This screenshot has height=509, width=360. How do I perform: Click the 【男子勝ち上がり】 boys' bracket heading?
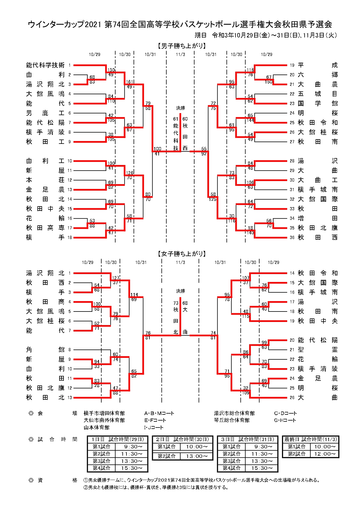click(x=182, y=46)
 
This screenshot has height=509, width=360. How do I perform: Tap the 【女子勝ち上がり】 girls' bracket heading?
click(x=182, y=254)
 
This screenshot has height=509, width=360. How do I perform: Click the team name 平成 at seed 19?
click(x=318, y=65)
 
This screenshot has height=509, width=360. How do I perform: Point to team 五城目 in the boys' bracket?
click(x=318, y=94)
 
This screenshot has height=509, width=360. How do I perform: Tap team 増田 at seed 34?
click(x=318, y=218)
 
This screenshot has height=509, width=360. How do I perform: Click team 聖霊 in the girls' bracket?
click(x=318, y=350)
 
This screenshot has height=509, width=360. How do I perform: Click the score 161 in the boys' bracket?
click(x=129, y=82)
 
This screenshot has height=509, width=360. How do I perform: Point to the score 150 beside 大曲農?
click(x=269, y=82)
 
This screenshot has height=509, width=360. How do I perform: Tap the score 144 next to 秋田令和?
click(x=250, y=120)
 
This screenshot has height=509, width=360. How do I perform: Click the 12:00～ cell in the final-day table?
click(x=325, y=454)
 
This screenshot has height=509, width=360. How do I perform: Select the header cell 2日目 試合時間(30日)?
click(x=182, y=439)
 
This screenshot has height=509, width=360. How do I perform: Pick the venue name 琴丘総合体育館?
click(x=232, y=420)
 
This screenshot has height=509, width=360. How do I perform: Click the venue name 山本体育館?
click(x=97, y=428)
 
